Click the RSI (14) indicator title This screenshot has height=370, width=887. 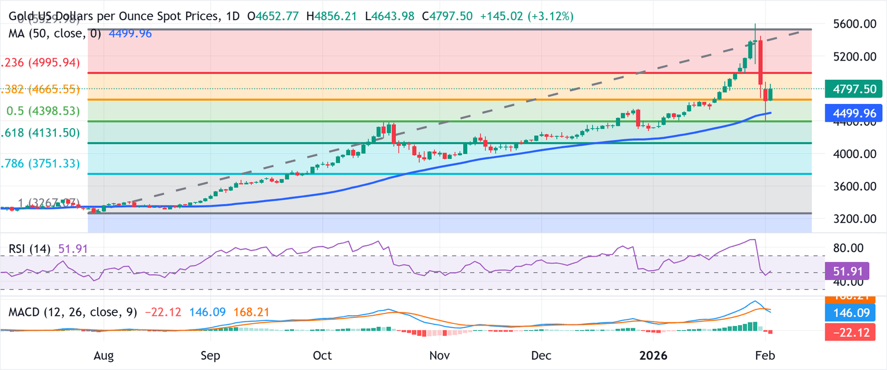(31, 249)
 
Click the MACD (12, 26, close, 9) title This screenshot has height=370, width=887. (72, 312)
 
